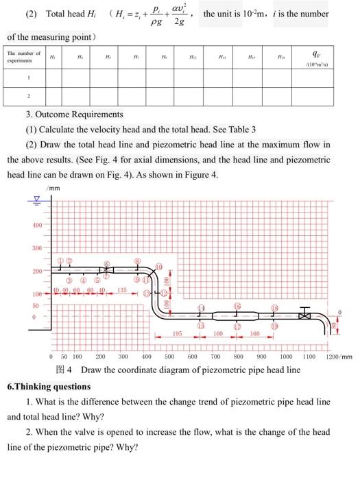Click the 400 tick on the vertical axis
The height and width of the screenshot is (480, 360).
point(36,225)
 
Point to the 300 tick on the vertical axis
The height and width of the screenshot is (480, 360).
point(36,248)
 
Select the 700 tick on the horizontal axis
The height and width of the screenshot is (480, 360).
point(215,357)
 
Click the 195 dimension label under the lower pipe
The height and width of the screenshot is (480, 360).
point(178,333)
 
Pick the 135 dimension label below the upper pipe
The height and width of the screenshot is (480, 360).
point(122,291)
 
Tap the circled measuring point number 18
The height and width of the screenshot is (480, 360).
point(274,308)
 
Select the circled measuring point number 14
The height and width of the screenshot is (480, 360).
point(201,308)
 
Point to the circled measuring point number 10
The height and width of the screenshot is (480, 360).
point(159,266)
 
